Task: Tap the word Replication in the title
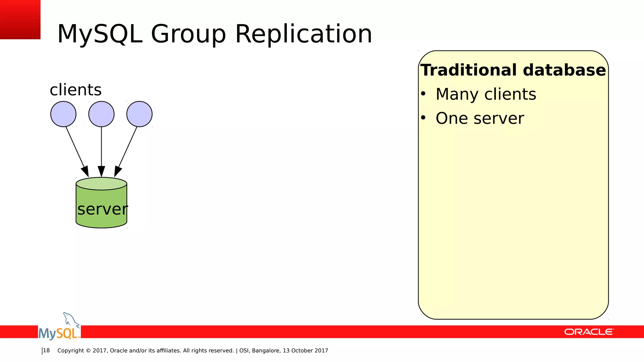tap(303, 34)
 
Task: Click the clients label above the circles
tap(75, 90)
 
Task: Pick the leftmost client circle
tap(63, 114)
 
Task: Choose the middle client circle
tap(101, 114)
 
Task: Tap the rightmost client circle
tap(139, 114)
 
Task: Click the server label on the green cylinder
tap(102, 209)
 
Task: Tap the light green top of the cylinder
tap(101, 184)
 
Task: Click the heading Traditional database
tap(513, 70)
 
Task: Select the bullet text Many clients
tap(486, 94)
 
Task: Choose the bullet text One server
tap(480, 118)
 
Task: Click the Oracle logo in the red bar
tap(589, 332)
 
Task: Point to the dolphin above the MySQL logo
tap(70, 319)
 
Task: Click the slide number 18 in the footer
tap(46, 350)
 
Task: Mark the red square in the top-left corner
tap(20, 19)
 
